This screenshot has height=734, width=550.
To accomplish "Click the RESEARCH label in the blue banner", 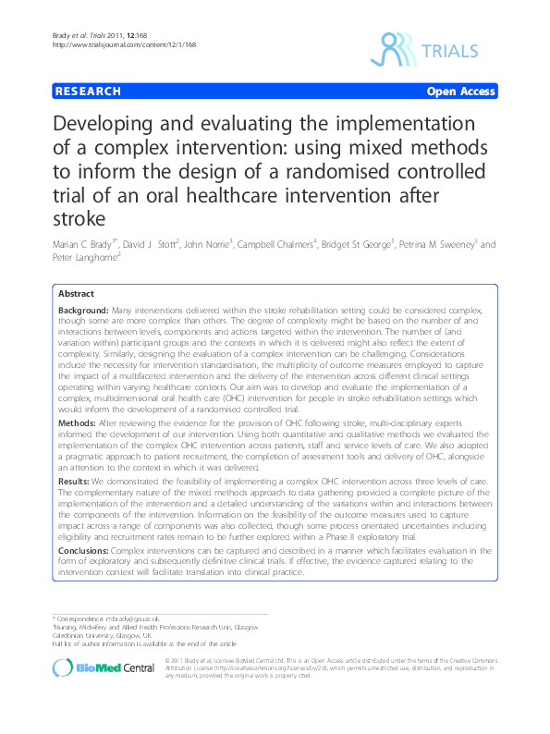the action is (x=88, y=92).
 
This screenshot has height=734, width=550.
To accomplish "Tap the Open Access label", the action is (x=461, y=92).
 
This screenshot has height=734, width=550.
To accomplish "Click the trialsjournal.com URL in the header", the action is (x=110, y=44).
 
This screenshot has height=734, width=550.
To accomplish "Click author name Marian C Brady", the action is (x=89, y=245).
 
